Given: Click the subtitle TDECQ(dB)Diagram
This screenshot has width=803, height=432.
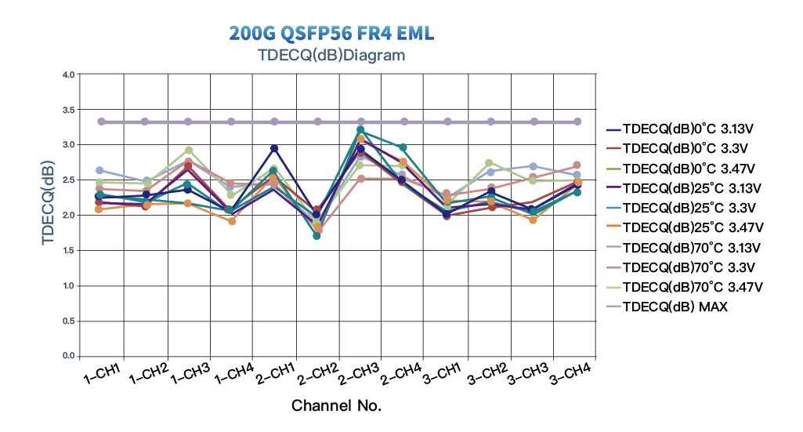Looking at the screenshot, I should click(331, 55).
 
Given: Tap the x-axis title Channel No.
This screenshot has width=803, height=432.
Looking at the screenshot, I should click(336, 405).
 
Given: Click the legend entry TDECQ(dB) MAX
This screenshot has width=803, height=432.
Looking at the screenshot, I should click(675, 307).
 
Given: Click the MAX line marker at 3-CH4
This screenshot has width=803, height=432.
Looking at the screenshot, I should click(577, 122).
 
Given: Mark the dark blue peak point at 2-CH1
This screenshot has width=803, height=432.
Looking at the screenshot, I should click(274, 148).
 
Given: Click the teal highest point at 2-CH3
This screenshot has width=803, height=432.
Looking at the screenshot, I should click(360, 130).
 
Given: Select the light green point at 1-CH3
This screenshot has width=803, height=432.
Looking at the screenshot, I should click(188, 151).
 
